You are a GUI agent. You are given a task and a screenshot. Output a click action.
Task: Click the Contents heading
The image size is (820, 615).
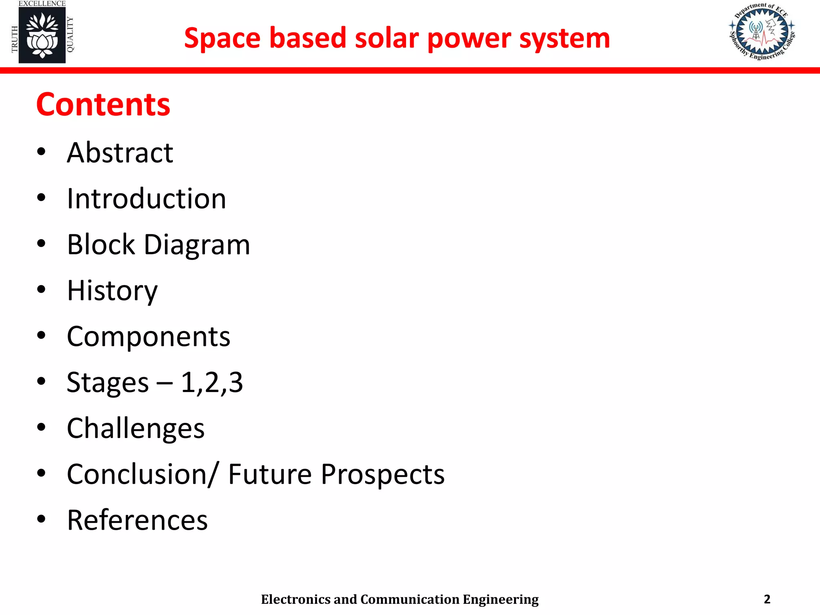tap(103, 105)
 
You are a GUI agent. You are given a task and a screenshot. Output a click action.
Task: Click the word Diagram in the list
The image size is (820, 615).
tap(197, 245)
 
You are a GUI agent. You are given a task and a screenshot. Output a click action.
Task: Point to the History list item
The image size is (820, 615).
tap(112, 291)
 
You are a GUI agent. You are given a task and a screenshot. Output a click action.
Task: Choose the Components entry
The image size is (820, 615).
tap(149, 336)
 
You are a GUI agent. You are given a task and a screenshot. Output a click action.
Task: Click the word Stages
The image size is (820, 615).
tap(107, 382)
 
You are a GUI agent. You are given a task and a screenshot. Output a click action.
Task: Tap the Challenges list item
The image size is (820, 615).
tap(136, 428)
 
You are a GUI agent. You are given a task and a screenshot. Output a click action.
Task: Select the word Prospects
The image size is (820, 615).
tap(382, 474)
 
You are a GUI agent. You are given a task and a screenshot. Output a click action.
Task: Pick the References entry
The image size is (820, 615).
tap(137, 520)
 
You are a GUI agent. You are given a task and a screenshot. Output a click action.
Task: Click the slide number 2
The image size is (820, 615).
tap(767, 599)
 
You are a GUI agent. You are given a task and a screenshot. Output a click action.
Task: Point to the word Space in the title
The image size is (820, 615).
tap(222, 38)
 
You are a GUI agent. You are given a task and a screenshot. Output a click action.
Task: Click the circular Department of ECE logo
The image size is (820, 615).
tap(762, 32)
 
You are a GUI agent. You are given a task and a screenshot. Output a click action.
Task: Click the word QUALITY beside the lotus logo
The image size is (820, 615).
tap(70, 34)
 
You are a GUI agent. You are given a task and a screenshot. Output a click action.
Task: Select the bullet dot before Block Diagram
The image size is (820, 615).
tap(41, 244)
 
